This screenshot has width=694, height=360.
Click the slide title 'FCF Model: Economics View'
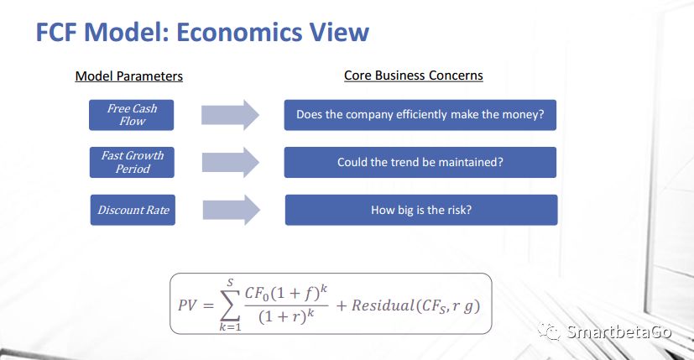[x=202, y=33]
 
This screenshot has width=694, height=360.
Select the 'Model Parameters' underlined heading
[x=128, y=76]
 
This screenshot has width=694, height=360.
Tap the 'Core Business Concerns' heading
[x=414, y=76]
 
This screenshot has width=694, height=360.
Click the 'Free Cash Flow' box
[x=132, y=115]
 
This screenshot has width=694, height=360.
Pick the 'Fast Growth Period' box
[x=132, y=163]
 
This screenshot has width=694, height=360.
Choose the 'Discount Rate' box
[x=133, y=210]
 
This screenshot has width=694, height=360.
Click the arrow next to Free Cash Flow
[x=230, y=115]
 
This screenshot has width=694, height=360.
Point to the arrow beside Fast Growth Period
[x=231, y=163]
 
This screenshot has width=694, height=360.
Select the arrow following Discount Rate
[x=232, y=210]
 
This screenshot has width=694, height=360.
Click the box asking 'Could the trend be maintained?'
[x=420, y=163]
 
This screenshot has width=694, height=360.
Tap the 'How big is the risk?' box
[x=421, y=210]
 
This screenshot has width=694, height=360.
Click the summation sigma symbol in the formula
[x=230, y=305]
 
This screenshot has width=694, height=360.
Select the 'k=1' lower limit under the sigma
[x=230, y=327]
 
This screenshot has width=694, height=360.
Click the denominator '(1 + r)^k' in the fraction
[x=286, y=316]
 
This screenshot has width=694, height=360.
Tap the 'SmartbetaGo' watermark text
[x=619, y=331]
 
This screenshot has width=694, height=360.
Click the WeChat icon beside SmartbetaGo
[x=550, y=331]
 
